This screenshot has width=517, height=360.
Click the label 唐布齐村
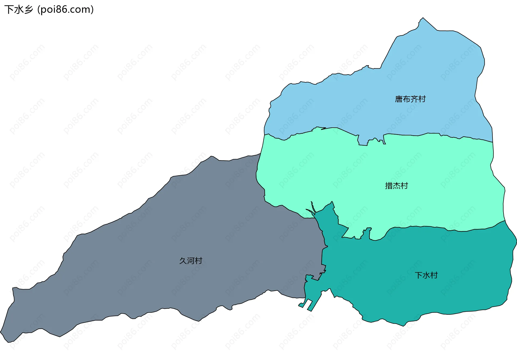coord(410,99)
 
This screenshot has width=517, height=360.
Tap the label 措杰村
coord(396,186)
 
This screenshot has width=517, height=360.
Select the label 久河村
coord(191,261)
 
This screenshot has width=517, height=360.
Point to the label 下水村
coord(426,275)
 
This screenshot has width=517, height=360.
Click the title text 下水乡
coord(19,9)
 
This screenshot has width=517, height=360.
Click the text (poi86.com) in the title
coord(65,9)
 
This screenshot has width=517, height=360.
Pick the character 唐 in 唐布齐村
coord(399,99)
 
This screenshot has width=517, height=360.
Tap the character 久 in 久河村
coord(183,261)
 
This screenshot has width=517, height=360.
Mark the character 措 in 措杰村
coord(389,186)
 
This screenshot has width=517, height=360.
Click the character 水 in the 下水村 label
coord(426,275)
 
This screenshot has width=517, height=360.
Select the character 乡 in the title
coord(28,9)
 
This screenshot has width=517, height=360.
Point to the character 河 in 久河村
coord(191,261)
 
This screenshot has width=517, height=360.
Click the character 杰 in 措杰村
coord(396,186)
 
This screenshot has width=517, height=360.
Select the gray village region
coord(162,256)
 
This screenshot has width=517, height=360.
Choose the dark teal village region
coord(404,291)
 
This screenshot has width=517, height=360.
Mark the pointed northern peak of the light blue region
coord(423,19)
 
